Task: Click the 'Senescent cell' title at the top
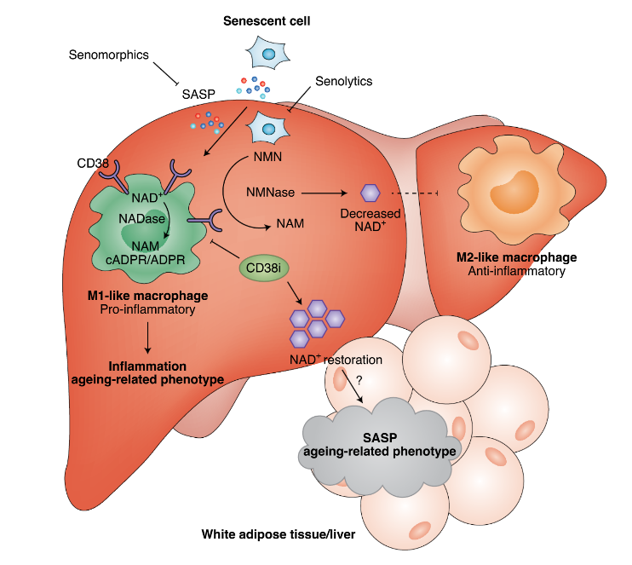pyautogui.click(x=267, y=20)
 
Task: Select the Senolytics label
pyautogui.click(x=343, y=82)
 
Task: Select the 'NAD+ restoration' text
pyautogui.click(x=333, y=360)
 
